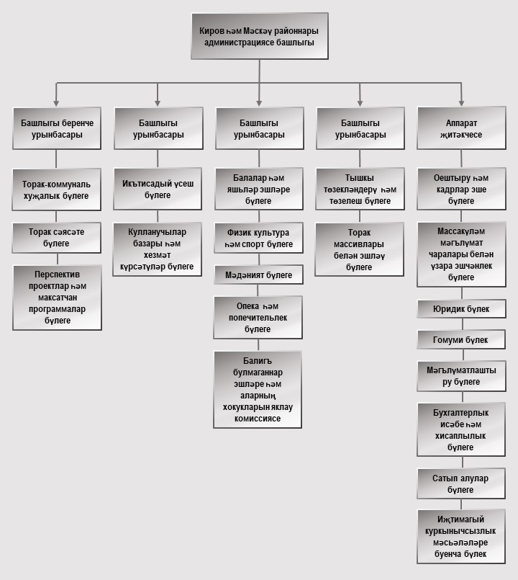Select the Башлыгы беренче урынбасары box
[57, 128]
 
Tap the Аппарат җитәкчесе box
[461, 128]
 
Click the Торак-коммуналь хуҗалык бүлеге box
[57, 189]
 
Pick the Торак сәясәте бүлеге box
[57, 237]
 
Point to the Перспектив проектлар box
[57, 297]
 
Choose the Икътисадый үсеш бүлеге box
[158, 189]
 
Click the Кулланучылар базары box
[158, 249]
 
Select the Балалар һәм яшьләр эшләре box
[258, 189]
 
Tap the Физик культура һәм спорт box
[258, 238]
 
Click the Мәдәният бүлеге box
[258, 275]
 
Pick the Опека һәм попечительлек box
[258, 317]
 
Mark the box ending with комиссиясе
[258, 389]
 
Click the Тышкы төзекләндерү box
[359, 189]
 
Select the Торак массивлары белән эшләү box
[359, 249]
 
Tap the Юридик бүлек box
[461, 309]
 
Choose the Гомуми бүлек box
[461, 340]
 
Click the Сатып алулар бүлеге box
[461, 483]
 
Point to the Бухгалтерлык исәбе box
[461, 429]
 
